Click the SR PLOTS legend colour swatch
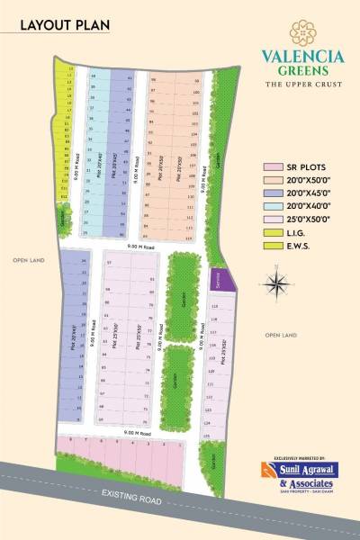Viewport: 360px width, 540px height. click(x=270, y=167)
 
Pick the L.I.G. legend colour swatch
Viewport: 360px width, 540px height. click(x=270, y=232)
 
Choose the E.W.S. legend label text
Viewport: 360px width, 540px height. click(x=299, y=245)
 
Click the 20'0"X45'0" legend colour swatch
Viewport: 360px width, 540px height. click(x=270, y=193)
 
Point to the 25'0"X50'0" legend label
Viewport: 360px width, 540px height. click(x=309, y=220)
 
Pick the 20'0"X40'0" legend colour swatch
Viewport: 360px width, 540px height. click(x=270, y=206)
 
